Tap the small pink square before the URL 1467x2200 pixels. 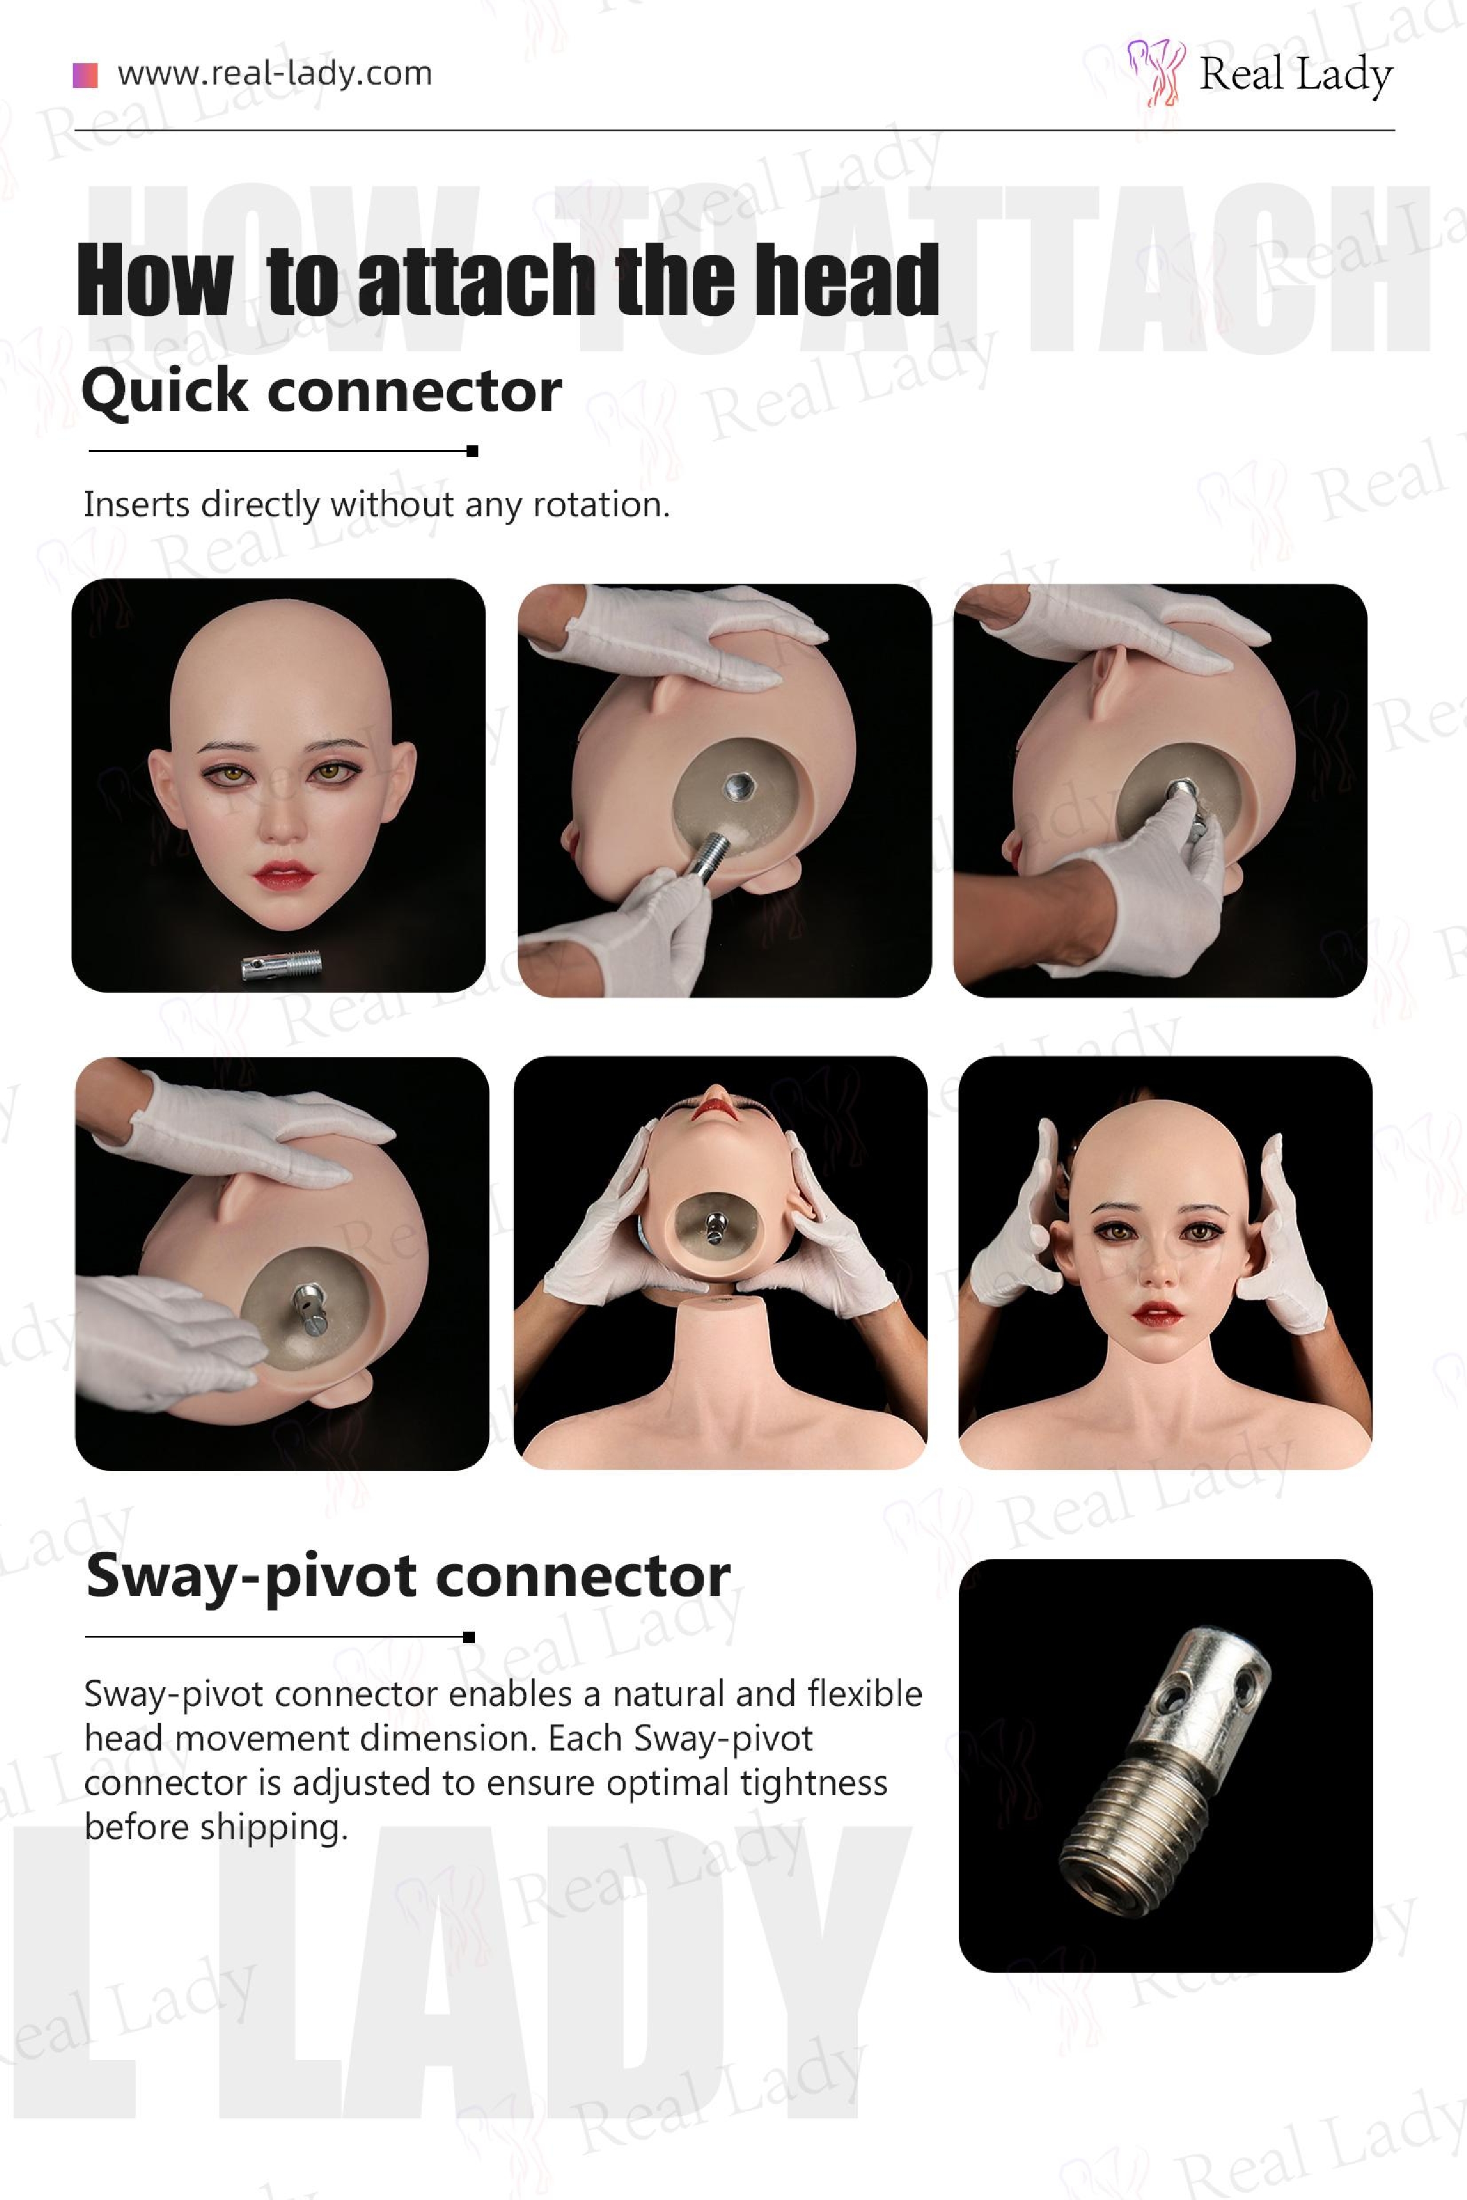85,75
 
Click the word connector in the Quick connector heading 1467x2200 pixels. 414,391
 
